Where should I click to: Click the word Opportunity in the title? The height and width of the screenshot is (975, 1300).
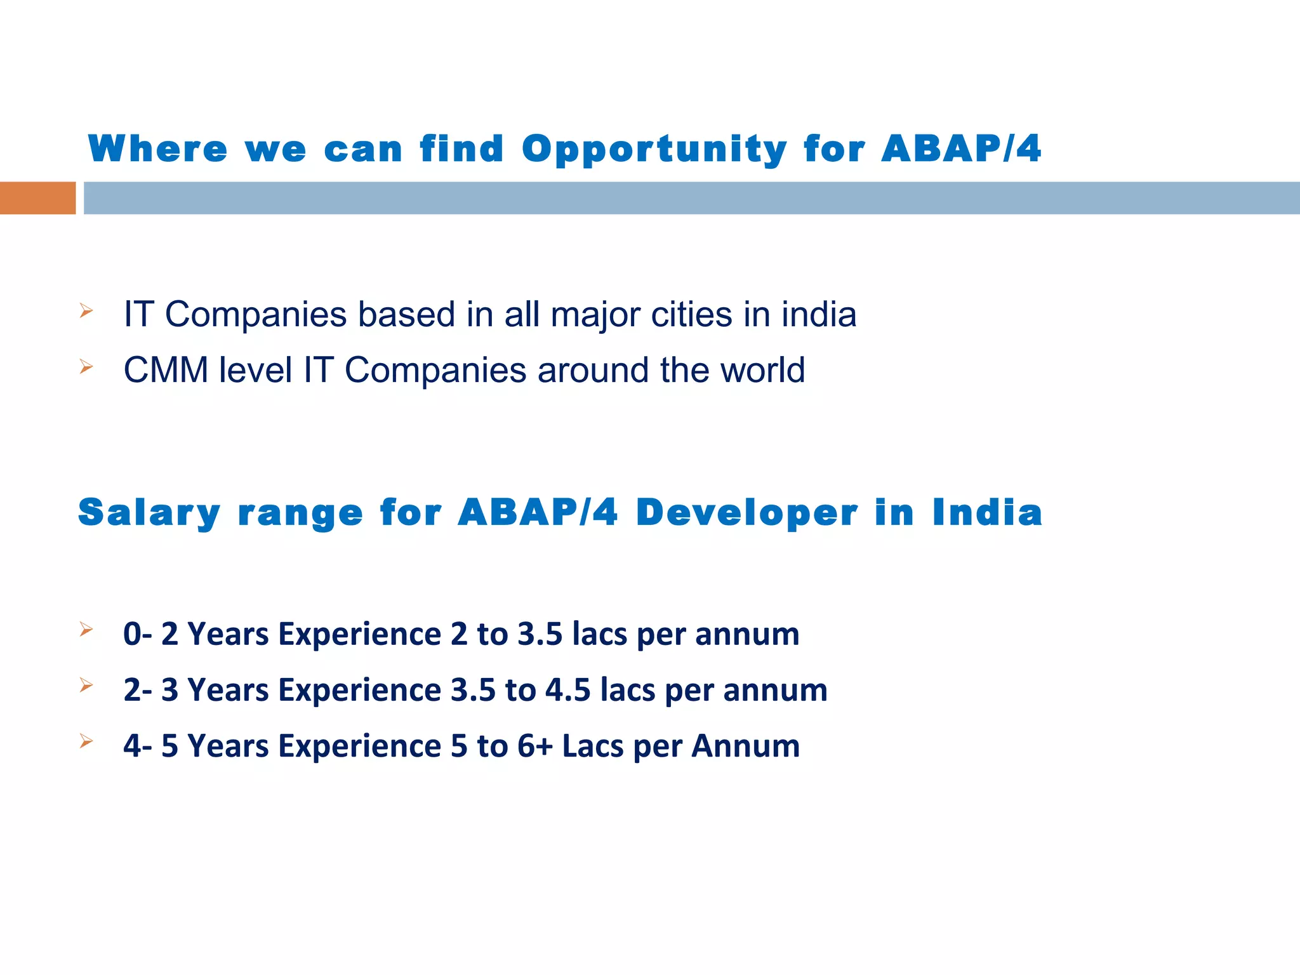pyautogui.click(x=654, y=150)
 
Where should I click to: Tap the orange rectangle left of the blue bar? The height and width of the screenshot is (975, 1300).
pyautogui.click(x=37, y=198)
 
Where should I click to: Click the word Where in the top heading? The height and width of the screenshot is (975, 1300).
pyautogui.click(x=157, y=150)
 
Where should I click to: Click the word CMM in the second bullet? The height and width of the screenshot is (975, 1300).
pyautogui.click(x=166, y=371)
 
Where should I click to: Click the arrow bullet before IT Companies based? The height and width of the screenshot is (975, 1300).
pyautogui.click(x=86, y=311)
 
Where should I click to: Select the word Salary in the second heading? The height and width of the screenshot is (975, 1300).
pyautogui.click(x=149, y=513)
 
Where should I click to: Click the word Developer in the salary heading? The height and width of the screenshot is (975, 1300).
pyautogui.click(x=746, y=513)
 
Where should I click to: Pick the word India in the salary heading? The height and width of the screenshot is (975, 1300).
pyautogui.click(x=987, y=513)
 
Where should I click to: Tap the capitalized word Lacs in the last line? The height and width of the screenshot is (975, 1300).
pyautogui.click(x=593, y=746)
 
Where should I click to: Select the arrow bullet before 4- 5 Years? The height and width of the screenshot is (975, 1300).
pyautogui.click(x=86, y=741)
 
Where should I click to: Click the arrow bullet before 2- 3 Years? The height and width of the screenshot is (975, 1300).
pyautogui.click(x=86, y=685)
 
